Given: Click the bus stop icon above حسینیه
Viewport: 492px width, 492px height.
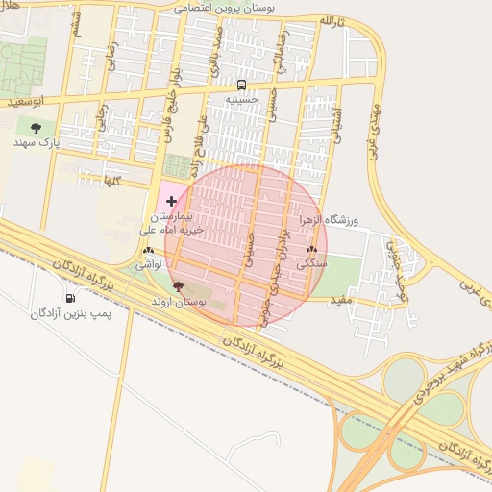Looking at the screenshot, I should (241, 84).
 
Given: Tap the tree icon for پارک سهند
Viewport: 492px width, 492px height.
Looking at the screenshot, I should (37, 127).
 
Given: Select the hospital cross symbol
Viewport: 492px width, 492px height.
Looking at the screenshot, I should (171, 201).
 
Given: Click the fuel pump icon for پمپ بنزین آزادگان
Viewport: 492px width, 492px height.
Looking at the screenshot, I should (70, 298).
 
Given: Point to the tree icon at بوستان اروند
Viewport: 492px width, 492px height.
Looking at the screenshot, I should (177, 285).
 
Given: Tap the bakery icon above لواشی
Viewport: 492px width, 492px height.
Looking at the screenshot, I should (146, 249).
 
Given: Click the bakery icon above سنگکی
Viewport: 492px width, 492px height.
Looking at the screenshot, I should (311, 248).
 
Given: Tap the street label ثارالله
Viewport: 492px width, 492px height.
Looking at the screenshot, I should (334, 20).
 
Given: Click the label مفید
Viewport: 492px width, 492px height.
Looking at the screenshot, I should (343, 301).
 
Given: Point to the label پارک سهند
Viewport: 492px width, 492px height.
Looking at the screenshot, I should (37, 142).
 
